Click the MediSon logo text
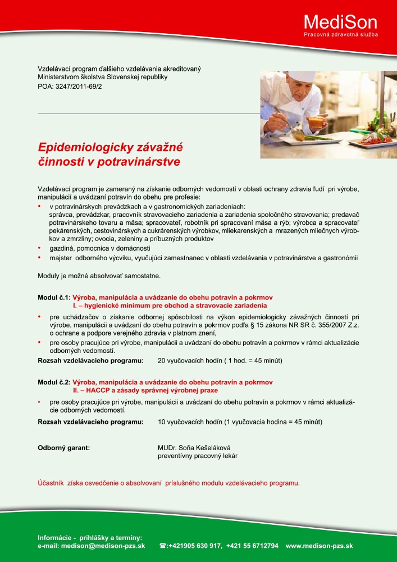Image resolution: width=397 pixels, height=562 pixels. tap(340, 22)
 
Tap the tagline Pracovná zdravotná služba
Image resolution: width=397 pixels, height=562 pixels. tap(340, 35)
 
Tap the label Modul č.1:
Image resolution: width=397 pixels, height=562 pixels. tap(54, 297)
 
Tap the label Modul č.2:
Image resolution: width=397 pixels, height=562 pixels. tap(54, 382)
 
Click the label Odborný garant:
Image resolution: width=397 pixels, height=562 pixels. tap(63, 448)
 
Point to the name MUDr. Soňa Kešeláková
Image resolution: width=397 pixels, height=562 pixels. tap(194, 448)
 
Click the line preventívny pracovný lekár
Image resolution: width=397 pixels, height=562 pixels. tap(198, 456)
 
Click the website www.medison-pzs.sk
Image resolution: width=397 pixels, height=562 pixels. tap(319, 546)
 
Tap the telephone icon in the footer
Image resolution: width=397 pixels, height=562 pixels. tap(163, 546)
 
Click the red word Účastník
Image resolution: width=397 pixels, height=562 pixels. tap(51, 483)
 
